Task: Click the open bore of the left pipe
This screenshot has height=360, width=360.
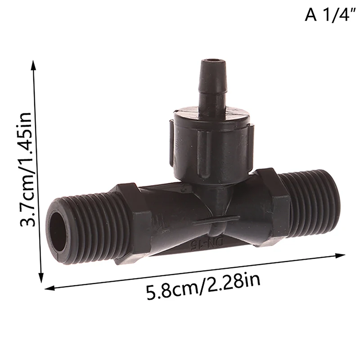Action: (x=59, y=230)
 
